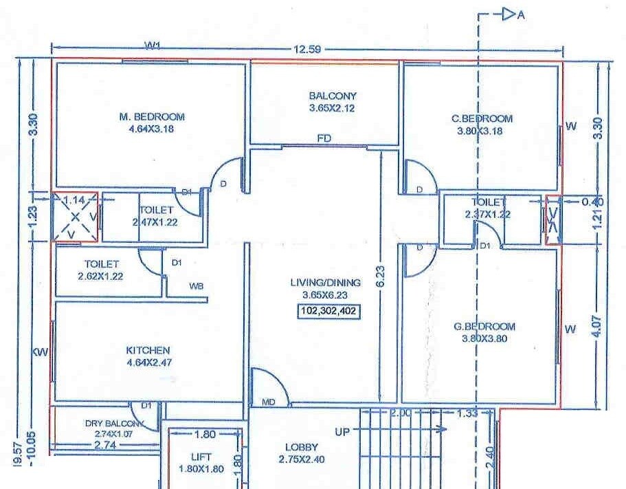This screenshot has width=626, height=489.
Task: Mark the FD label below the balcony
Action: click(x=324, y=139)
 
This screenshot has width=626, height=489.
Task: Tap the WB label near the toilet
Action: click(x=197, y=286)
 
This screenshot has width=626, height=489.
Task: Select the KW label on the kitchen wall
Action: click(x=41, y=352)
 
